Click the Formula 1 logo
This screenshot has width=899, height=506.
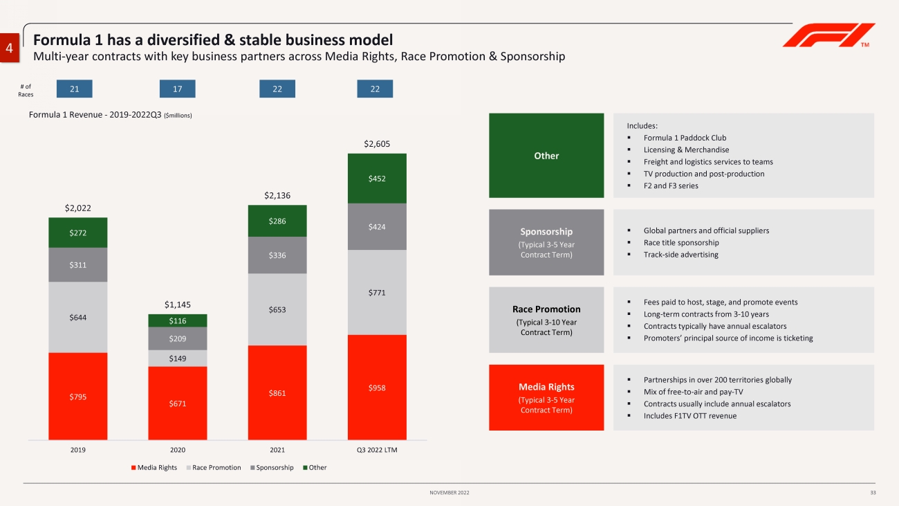(x=828, y=36)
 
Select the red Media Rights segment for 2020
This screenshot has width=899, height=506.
(x=177, y=403)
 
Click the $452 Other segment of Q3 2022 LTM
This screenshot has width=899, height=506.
(x=377, y=179)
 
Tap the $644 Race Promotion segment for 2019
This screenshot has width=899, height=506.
(x=77, y=317)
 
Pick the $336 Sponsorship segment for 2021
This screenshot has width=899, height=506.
(x=277, y=255)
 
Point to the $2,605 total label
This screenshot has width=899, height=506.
(x=377, y=144)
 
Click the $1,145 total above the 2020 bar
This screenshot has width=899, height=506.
(x=177, y=305)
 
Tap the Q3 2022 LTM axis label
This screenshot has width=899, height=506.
(x=377, y=449)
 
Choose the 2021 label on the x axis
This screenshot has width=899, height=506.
(x=277, y=449)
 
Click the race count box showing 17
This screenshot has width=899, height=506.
(x=177, y=89)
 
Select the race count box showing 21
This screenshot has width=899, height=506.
(x=74, y=89)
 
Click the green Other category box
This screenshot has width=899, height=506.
(x=546, y=156)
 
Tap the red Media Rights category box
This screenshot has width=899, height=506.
(x=546, y=397)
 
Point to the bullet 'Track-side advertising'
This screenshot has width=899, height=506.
(x=680, y=255)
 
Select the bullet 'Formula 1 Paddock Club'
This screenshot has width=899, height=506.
(x=685, y=138)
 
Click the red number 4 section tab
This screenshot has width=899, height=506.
(x=10, y=48)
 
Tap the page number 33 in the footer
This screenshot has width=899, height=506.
(x=873, y=492)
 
